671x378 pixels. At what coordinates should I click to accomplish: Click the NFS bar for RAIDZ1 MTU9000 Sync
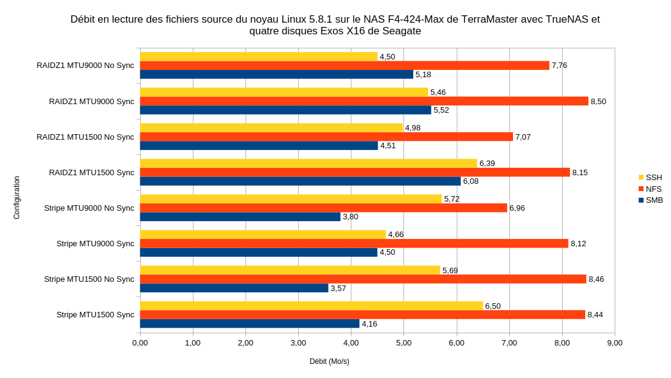[x=364, y=101]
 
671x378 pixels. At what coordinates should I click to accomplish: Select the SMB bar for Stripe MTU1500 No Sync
[x=234, y=288]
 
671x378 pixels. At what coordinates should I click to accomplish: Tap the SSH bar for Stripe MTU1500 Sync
[x=311, y=306]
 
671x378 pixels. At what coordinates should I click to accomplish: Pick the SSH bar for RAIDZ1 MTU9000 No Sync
[x=258, y=56]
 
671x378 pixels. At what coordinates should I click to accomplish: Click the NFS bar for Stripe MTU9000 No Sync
[x=323, y=208]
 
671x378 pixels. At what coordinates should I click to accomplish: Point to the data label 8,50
[x=598, y=101]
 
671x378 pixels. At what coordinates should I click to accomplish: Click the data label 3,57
[x=339, y=288]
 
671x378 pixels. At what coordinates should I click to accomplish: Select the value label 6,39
[x=487, y=164]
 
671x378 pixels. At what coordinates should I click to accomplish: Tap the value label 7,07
[x=523, y=137]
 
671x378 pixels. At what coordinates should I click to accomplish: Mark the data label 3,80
[x=351, y=217]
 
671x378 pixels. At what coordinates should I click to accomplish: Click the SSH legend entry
[x=649, y=178]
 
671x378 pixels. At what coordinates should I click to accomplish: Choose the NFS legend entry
[x=649, y=189]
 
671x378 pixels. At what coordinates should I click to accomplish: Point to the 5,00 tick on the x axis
[x=403, y=343]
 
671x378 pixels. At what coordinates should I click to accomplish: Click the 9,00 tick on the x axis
[x=614, y=343]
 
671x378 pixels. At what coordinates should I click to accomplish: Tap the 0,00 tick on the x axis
[x=140, y=343]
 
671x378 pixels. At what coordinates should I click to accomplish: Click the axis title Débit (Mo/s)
[x=329, y=361]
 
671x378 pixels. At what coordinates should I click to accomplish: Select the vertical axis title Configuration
[x=17, y=198]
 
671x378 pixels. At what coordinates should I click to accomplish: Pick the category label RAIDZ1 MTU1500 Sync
[x=91, y=172]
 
